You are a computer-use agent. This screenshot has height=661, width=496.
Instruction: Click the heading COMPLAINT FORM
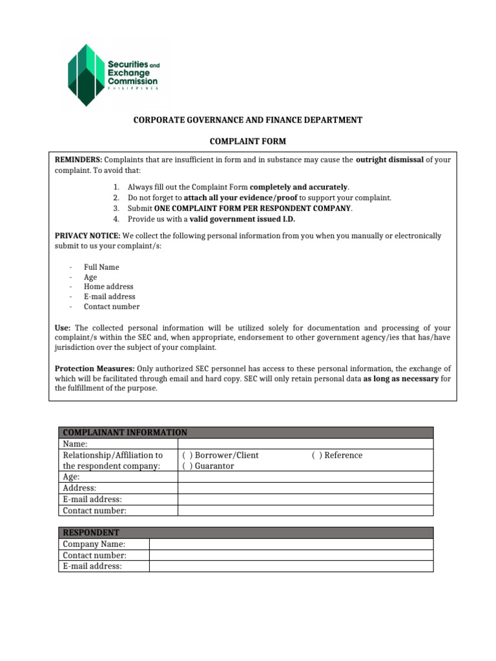[248, 141]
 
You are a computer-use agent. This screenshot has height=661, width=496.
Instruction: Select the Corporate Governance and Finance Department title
[248, 120]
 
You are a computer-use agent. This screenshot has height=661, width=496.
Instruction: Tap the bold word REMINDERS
[78, 159]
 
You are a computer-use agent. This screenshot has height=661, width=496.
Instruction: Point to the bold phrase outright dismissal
[389, 159]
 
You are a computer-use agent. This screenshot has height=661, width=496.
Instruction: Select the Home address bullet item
[108, 287]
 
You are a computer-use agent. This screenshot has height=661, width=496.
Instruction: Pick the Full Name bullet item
[101, 267]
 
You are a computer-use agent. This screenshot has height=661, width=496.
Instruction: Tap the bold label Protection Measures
[90, 369]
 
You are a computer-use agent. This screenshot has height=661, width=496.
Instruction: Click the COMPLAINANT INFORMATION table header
[123, 432]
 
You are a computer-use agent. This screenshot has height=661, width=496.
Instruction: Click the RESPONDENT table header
[90, 533]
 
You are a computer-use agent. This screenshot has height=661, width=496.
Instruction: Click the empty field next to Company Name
[291, 544]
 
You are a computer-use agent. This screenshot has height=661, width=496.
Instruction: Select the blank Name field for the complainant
[305, 444]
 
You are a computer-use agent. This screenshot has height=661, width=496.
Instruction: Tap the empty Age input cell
[305, 477]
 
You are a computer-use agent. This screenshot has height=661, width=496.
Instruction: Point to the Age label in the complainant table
[71, 477]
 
